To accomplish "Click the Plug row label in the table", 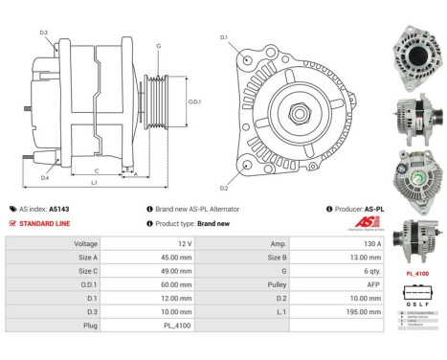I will click(x=87, y=325).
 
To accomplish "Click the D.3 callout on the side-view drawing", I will click(x=44, y=33).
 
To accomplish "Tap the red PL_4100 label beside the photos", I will click(x=416, y=273).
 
